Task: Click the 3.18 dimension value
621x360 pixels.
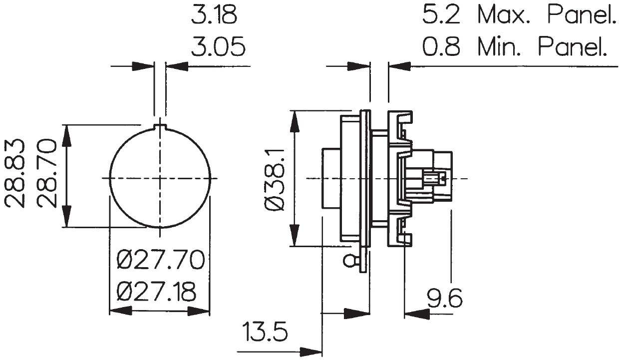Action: [x=214, y=14]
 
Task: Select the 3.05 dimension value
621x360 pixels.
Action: [x=218, y=46]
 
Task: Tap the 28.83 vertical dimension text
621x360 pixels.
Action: [x=14, y=173]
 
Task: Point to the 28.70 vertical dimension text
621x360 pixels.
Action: [x=46, y=173]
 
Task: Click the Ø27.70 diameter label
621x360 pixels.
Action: [x=161, y=260]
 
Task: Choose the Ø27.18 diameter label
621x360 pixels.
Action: [x=157, y=292]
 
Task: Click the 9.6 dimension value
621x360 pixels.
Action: [x=444, y=298]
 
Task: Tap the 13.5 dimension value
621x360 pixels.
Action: [x=265, y=332]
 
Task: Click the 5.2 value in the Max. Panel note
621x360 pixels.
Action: [x=441, y=14]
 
